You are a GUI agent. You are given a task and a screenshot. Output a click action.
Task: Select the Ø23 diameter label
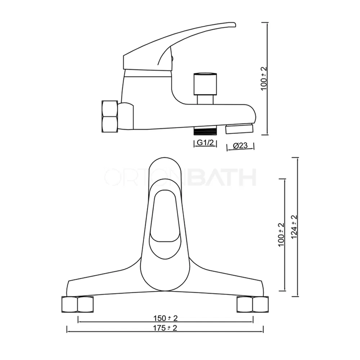pos(240,146)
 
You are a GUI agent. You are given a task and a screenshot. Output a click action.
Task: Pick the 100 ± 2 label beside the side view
pos(265,78)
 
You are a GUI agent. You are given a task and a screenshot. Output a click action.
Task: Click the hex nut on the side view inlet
pos(110,116)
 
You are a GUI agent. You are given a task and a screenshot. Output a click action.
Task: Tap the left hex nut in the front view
pos(78,304)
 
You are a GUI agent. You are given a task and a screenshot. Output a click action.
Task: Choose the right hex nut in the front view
pos(253,304)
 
